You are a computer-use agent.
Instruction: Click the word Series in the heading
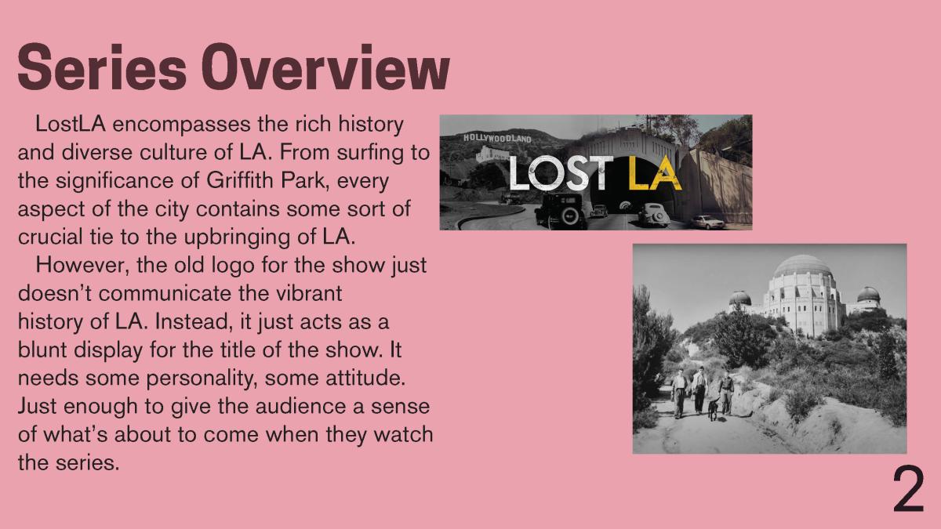point(102,67)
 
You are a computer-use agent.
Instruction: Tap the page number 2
point(908,489)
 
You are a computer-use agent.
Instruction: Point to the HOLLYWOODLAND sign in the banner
point(497,138)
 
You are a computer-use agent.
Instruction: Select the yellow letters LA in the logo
point(655,172)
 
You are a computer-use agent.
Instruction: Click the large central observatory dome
point(802,266)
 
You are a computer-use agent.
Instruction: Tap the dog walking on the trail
point(714,409)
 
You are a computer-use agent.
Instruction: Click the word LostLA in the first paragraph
point(70,125)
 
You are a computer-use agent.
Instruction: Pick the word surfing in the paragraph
point(370,154)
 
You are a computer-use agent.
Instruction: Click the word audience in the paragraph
point(303,407)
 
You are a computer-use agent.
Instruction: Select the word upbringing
point(237,238)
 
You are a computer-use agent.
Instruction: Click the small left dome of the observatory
point(740,298)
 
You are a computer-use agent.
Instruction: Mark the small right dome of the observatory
point(868,294)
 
